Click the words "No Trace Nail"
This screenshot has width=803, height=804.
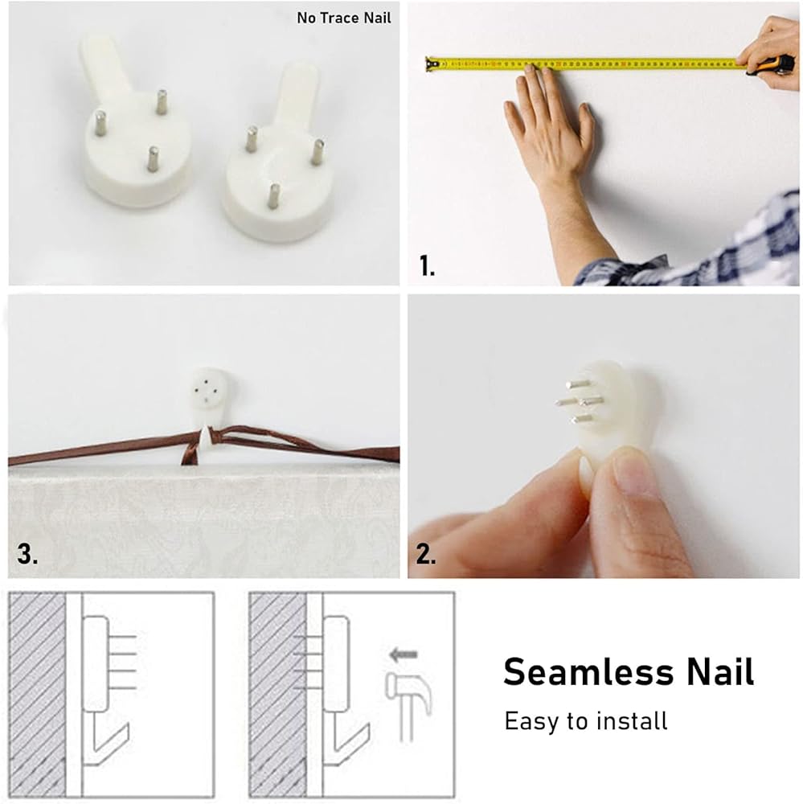pos(343,18)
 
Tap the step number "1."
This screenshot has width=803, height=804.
pos(427,265)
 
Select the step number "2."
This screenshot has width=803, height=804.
pos(426,554)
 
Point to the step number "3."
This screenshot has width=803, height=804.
pos(27,554)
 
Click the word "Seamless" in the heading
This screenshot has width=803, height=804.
pos(588,671)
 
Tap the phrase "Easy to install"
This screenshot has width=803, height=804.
pos(586,721)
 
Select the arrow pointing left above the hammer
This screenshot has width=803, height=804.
pos(404,654)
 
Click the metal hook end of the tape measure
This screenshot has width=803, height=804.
pos(431,64)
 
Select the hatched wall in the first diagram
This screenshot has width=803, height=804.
pos(38,695)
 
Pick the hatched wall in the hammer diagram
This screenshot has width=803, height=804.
pos(278,695)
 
